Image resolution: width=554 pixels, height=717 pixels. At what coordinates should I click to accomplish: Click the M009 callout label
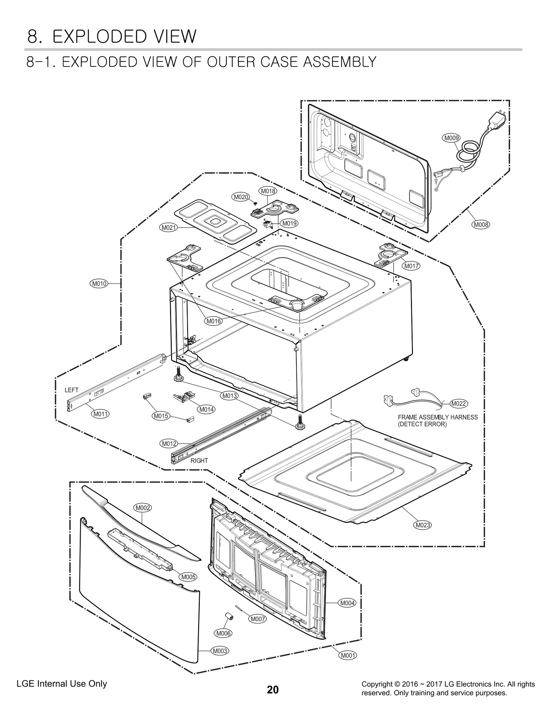451,138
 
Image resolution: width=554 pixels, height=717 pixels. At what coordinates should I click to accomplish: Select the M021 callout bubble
169,227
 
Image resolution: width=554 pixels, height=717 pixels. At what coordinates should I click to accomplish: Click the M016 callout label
214,321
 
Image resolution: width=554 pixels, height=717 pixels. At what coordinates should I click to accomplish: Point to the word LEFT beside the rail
71,390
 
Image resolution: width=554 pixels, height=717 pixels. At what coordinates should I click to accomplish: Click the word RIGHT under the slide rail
199,460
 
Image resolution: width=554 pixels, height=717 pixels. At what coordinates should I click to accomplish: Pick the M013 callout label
229,396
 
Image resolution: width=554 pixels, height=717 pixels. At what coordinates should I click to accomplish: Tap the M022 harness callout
459,403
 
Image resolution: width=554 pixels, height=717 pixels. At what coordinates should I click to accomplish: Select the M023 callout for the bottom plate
423,525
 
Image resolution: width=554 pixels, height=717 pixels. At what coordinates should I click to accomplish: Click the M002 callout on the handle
143,508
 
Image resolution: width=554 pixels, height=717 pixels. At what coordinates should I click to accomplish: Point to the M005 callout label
189,577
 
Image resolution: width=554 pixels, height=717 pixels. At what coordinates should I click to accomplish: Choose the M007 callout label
258,619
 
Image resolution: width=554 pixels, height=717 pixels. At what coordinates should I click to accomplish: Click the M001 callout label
348,655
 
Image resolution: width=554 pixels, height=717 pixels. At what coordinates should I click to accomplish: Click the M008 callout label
481,225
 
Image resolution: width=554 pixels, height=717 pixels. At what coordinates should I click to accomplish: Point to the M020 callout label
241,197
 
